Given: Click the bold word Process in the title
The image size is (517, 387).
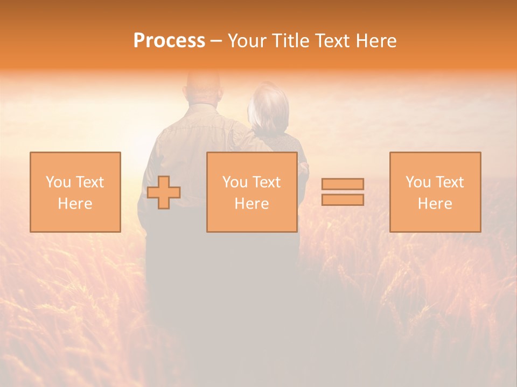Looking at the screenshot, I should [169, 41].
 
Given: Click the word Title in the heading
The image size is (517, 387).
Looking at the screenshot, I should [290, 41].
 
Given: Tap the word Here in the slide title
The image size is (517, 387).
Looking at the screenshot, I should [375, 41].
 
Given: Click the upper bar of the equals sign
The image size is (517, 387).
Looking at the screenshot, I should [343, 184].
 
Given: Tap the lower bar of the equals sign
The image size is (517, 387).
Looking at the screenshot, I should [343, 199].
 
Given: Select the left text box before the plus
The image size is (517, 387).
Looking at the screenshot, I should [75, 192].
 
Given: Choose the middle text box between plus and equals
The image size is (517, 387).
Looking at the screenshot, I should [251, 192].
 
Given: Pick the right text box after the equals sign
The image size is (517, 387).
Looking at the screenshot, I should [435, 192].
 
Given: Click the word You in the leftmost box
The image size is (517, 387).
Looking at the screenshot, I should [58, 182].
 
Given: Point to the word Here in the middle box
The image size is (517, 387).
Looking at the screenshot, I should [251, 204].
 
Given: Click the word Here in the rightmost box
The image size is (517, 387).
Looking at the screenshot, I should [435, 204].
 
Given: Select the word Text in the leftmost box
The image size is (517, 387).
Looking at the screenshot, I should [89, 182].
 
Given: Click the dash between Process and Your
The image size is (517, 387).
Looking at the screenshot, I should [216, 41].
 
